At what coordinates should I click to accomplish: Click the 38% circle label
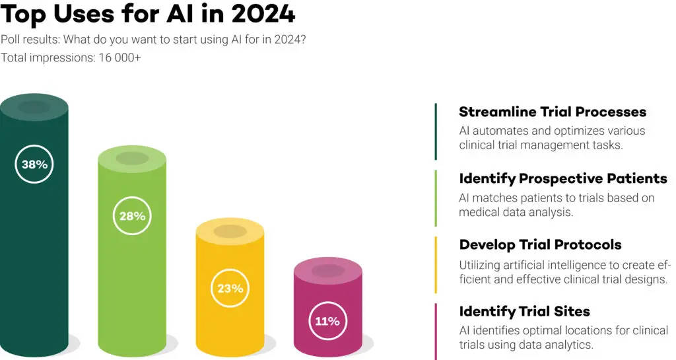(34, 164)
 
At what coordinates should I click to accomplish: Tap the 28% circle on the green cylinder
(132, 215)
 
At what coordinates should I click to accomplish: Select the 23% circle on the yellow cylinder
(230, 288)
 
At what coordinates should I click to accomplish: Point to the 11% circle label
(327, 321)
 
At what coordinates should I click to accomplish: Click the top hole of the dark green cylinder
(34, 106)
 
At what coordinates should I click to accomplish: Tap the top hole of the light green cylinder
(132, 159)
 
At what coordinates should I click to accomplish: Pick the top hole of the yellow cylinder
(230, 232)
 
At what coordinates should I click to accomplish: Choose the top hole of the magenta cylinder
(327, 270)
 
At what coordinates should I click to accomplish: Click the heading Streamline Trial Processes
(552, 112)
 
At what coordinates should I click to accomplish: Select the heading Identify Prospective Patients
(562, 178)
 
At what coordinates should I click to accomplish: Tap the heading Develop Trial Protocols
(540, 244)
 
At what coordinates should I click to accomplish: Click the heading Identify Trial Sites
(524, 311)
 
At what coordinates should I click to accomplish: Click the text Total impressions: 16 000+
(71, 57)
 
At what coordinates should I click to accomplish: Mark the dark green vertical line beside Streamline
(436, 131)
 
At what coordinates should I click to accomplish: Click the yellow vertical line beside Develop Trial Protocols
(436, 264)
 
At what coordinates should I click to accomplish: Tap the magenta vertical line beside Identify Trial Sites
(436, 330)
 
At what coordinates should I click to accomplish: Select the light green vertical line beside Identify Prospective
(436, 198)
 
